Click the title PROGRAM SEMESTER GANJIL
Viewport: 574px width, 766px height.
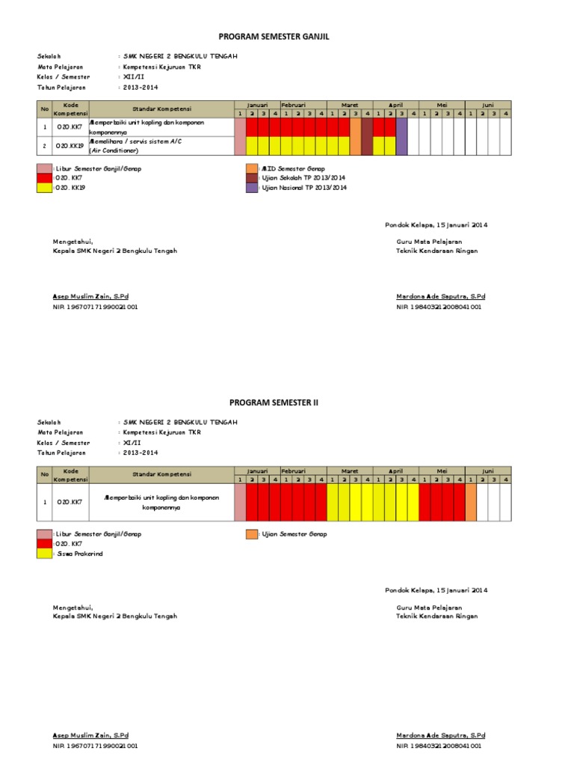(274, 36)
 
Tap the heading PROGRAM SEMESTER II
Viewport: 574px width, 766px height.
(274, 402)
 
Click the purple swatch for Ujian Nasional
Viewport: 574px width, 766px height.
(251, 189)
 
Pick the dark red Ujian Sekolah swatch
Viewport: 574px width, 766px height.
(251, 179)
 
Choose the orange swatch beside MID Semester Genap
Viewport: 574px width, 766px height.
(251, 169)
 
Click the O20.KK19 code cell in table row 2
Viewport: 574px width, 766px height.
(70, 146)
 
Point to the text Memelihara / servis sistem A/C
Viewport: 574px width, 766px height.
(135, 141)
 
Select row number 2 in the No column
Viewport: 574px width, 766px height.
(44, 146)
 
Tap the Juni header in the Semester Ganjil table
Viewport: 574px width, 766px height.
(487, 105)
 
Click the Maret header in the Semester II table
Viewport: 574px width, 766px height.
(350, 471)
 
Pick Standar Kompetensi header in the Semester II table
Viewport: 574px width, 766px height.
(161, 474)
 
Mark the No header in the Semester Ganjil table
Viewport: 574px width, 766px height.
(44, 109)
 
